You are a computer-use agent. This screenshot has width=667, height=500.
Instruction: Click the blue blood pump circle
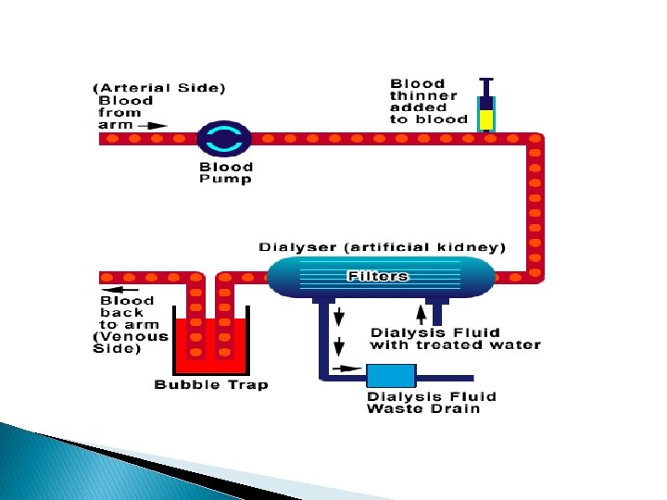point(224,139)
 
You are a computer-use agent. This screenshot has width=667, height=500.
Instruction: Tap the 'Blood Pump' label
point(225,173)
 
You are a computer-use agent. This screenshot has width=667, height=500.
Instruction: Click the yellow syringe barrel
point(485,119)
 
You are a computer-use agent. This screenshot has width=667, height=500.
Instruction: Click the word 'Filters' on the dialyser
point(377,276)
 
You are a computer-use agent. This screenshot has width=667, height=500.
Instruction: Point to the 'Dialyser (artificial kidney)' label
point(382,247)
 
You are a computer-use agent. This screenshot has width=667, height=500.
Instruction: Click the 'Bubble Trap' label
point(210,384)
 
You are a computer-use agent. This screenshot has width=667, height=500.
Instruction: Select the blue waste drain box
point(391,376)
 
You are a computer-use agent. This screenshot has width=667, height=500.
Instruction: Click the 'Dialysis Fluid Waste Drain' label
point(431,403)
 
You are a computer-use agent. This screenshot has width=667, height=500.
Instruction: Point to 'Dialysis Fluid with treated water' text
point(455,339)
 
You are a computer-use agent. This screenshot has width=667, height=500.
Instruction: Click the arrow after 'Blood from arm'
point(157,125)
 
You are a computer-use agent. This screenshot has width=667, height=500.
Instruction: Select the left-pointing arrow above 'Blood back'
point(114,289)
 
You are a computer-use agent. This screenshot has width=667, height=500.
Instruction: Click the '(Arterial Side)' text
point(159,88)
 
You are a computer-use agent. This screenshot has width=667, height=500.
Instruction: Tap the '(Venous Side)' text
point(132,343)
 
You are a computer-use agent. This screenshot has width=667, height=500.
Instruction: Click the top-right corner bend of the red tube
point(535,140)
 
